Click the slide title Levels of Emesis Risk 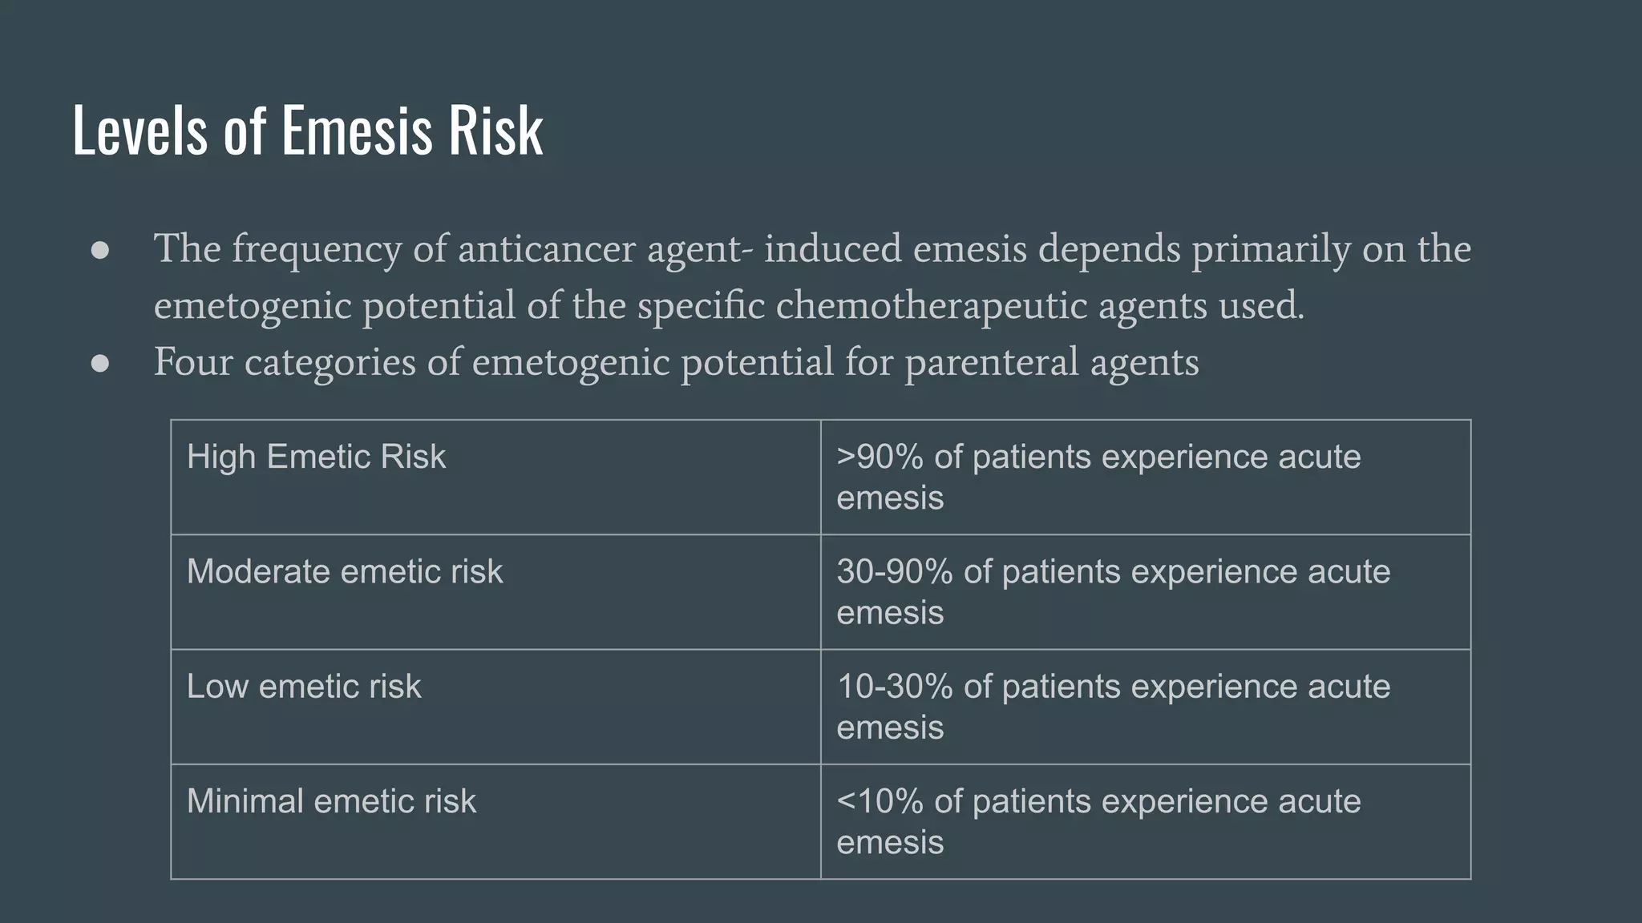pyautogui.click(x=308, y=130)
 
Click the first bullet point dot pyautogui.click(x=100, y=250)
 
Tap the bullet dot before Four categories pyautogui.click(x=100, y=363)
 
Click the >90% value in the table pyautogui.click(x=880, y=457)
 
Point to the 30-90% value pyautogui.click(x=895, y=572)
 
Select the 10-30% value pyautogui.click(x=895, y=687)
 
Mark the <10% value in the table pyautogui.click(x=880, y=801)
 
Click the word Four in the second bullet pyautogui.click(x=193, y=361)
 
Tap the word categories pyautogui.click(x=330, y=363)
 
